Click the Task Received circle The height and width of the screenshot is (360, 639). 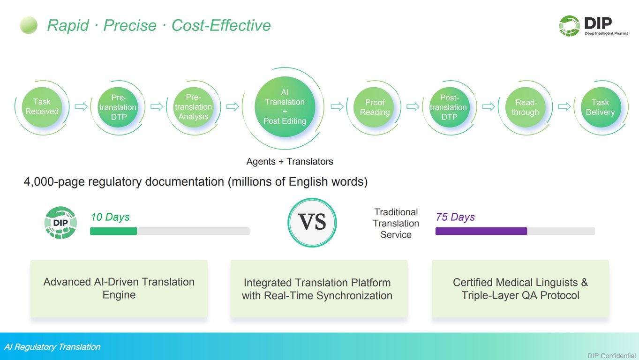[x=42, y=107]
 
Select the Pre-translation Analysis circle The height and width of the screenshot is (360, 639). [x=194, y=107]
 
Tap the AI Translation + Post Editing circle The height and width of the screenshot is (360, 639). [x=285, y=107]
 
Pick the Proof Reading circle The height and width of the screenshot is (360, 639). [x=375, y=107]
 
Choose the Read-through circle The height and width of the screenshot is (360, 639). [x=525, y=107]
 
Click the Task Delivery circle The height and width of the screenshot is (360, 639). [x=601, y=107]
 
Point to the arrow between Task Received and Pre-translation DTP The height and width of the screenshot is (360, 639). [x=81, y=107]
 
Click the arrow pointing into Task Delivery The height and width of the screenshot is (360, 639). [x=564, y=107]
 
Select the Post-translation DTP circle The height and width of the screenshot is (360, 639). [x=449, y=107]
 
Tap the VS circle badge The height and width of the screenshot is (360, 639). [x=312, y=223]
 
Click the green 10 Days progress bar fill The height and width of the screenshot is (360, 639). [x=113, y=231]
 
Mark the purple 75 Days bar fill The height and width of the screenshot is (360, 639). [x=481, y=231]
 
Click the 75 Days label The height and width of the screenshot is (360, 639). [x=455, y=217]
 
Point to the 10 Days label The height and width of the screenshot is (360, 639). [x=110, y=217]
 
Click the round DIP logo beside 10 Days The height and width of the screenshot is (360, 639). [x=60, y=223]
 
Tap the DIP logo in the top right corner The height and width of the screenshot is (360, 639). [x=594, y=26]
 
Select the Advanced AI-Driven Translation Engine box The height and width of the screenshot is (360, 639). [x=119, y=288]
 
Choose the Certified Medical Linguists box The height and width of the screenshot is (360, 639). [x=520, y=288]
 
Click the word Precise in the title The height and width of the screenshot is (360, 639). [x=130, y=25]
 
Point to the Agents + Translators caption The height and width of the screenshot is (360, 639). [x=290, y=161]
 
